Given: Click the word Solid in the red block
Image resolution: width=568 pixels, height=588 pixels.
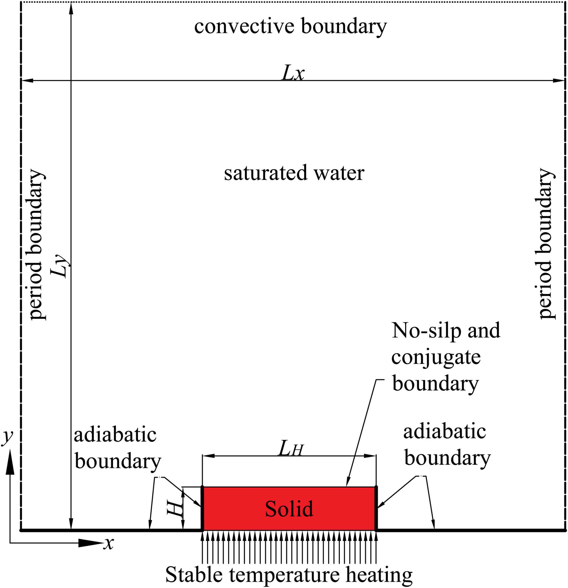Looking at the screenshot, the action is pos(289,509).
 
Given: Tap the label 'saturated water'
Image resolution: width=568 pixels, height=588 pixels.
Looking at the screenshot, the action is pos(294,173).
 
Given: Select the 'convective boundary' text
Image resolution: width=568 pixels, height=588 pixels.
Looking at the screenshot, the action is pos(290,26).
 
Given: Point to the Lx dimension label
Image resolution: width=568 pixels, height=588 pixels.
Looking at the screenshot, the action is pos(293,73).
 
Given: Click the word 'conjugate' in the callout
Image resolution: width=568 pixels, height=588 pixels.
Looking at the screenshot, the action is pos(436,357).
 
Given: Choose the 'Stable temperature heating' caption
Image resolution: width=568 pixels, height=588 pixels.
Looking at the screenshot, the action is pos(289,574).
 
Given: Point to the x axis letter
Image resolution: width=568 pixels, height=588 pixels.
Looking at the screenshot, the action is pos(108,543).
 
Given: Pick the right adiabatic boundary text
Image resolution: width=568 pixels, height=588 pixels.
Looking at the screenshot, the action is pos(447,445).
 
